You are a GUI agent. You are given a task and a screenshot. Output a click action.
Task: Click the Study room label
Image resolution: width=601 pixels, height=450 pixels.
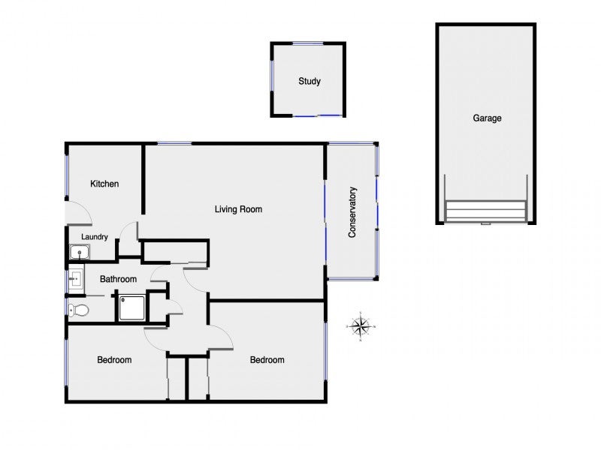tap(310, 81)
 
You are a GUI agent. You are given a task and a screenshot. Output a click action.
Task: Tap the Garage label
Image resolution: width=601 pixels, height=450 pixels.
tap(487, 118)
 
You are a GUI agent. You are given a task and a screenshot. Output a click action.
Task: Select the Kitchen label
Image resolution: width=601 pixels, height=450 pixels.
tap(104, 184)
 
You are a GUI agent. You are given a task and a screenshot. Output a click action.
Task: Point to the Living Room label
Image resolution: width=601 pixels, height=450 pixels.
tap(238, 209)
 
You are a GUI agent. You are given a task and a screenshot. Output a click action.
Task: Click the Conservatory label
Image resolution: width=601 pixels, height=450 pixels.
tap(352, 212)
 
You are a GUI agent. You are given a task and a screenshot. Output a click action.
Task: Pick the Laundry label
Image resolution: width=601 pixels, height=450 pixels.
tap(95, 237)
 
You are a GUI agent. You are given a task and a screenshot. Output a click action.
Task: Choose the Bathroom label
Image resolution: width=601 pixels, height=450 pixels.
tap(118, 279)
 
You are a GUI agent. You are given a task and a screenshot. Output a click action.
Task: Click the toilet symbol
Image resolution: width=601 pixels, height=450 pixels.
tap(78, 310)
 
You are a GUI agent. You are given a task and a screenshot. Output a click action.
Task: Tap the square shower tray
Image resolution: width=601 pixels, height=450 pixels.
tap(132, 307)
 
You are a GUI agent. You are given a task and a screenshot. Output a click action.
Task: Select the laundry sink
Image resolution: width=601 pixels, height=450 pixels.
tap(80, 252)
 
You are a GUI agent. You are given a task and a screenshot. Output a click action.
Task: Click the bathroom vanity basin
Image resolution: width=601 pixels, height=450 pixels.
tap(76, 278)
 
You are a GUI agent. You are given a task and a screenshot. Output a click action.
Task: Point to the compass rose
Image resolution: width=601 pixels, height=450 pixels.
tap(361, 326)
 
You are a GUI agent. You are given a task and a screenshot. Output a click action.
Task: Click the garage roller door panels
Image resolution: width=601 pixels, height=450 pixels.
tap(485, 211)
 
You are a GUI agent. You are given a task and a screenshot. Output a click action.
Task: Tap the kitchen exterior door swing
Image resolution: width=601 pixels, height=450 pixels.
tap(79, 212)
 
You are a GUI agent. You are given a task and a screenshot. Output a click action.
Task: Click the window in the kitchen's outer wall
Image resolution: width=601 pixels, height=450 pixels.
tap(67, 175)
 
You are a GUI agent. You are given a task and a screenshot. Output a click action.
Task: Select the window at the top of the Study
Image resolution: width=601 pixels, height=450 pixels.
tap(308, 43)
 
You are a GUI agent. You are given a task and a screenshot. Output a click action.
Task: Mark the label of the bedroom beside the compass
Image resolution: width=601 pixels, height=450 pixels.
tap(267, 360)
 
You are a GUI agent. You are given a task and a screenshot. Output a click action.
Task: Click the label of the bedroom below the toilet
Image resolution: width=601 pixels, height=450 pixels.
tap(114, 360)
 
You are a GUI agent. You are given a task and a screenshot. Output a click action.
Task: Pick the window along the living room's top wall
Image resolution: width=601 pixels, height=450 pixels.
tap(174, 143)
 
